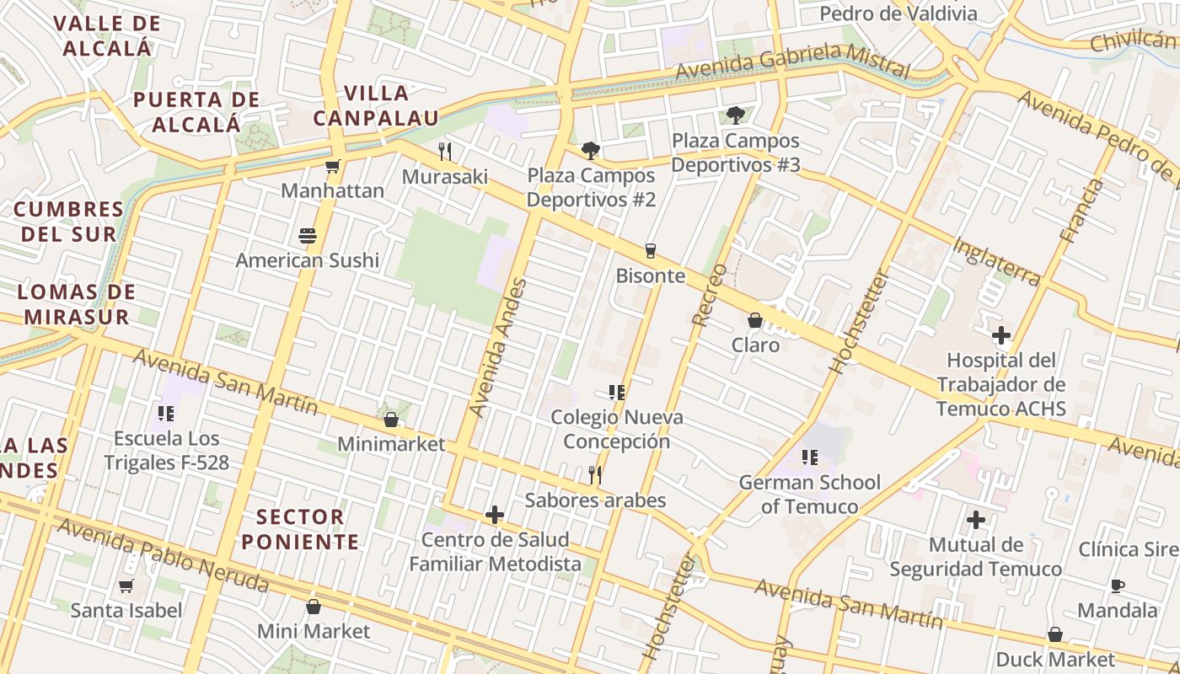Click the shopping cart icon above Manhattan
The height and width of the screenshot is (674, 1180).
pyautogui.click(x=333, y=166)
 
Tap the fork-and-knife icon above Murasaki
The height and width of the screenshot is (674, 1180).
pyautogui.click(x=445, y=152)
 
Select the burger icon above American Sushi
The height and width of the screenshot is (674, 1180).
pyautogui.click(x=307, y=236)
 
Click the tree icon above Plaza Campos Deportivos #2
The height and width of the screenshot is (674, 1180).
pyautogui.click(x=591, y=151)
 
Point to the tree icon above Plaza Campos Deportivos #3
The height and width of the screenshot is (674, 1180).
pyautogui.click(x=736, y=115)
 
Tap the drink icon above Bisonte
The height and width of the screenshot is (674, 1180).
pyautogui.click(x=650, y=250)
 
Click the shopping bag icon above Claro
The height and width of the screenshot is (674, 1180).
pyautogui.click(x=755, y=320)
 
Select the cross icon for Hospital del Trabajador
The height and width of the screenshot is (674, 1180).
pyautogui.click(x=1001, y=335)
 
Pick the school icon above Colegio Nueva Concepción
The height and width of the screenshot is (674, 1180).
pyautogui.click(x=616, y=392)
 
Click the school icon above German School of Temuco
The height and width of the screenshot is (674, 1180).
pyautogui.click(x=809, y=457)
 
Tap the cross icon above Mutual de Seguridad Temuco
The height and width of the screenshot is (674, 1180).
pyautogui.click(x=976, y=520)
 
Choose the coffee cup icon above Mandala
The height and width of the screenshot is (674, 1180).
pyautogui.click(x=1118, y=585)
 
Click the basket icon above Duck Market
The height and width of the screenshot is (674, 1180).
pyautogui.click(x=1054, y=634)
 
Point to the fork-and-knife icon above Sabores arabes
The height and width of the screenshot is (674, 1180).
pyautogui.click(x=595, y=475)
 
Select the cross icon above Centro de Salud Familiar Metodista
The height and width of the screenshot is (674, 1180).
pyautogui.click(x=495, y=514)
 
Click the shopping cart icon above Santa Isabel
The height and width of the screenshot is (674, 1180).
pyautogui.click(x=126, y=586)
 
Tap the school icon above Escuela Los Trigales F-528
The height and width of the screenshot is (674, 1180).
pyautogui.click(x=165, y=414)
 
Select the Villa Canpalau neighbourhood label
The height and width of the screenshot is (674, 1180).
pyautogui.click(x=377, y=105)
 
